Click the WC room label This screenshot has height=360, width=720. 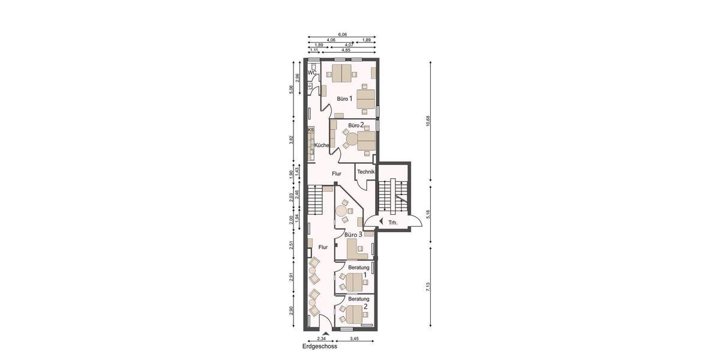312,73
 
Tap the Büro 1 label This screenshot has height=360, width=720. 344,98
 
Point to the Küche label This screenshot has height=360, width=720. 321,145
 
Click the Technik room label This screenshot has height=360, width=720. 366,172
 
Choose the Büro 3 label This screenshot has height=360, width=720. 353,235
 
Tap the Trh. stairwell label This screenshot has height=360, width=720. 393,223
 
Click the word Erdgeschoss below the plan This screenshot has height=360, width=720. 320,346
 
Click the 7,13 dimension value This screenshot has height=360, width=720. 428,286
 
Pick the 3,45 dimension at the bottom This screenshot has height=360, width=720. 356,339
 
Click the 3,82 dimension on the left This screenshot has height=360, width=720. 291,139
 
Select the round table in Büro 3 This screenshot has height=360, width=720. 342,211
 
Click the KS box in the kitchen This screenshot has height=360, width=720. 311,130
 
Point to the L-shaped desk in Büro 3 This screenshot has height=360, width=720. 354,247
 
